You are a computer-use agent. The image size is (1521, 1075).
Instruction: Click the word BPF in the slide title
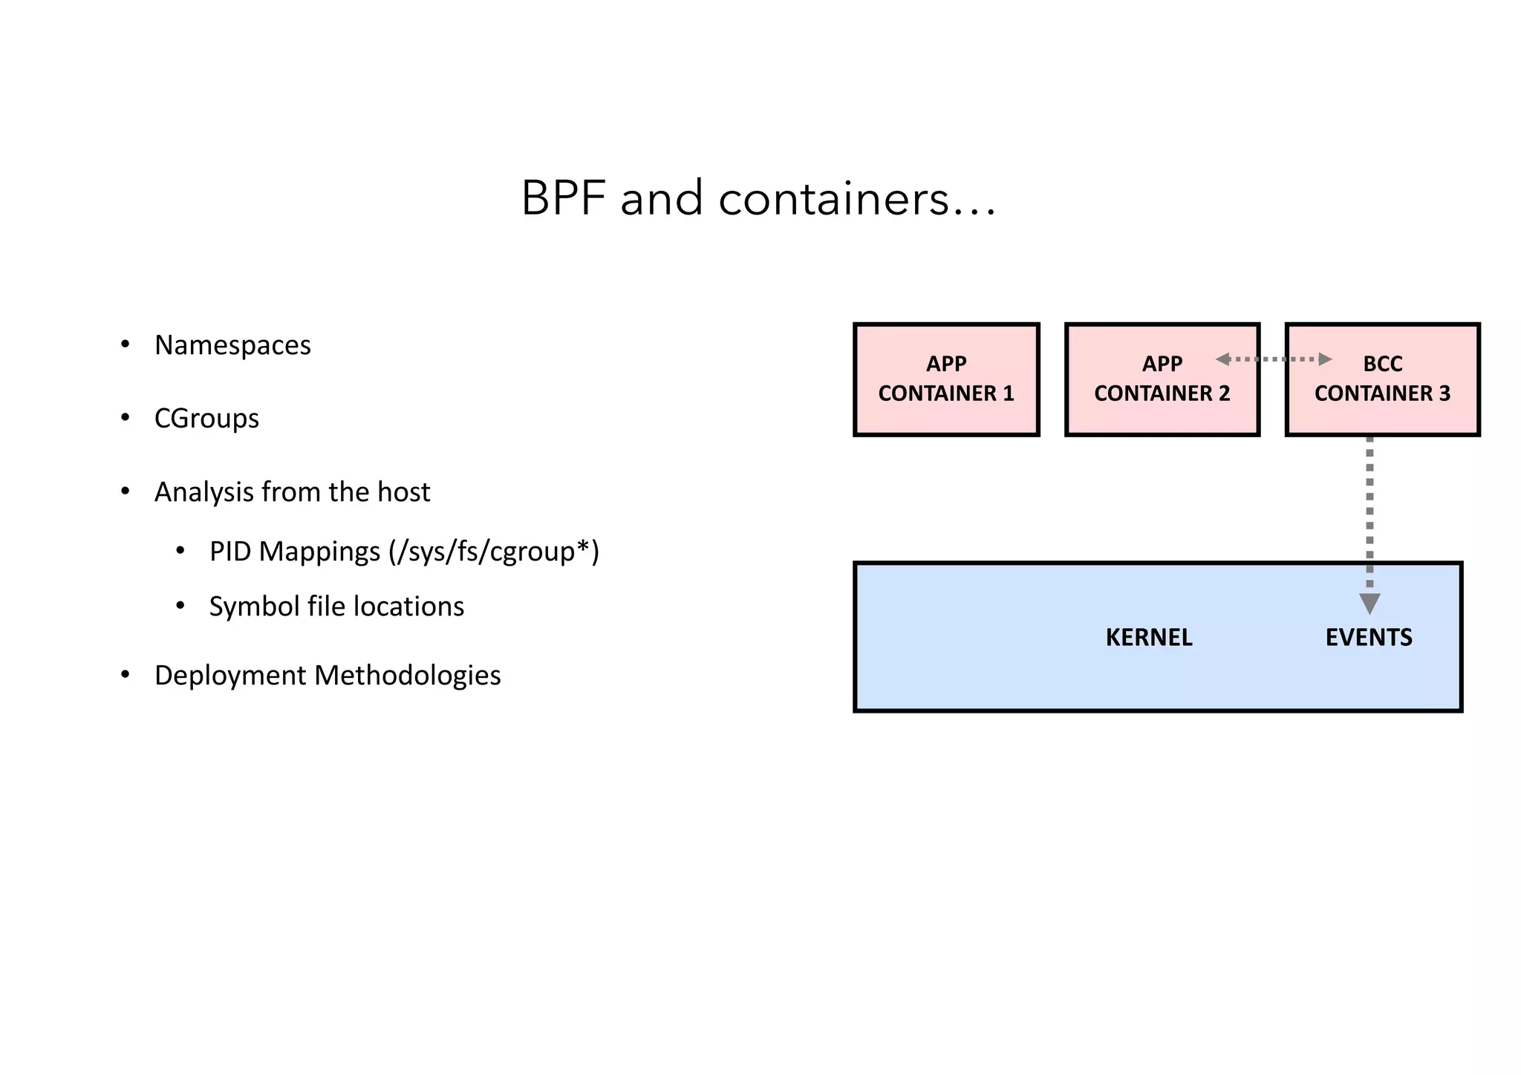[563, 199]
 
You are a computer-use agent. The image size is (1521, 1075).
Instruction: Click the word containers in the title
[833, 199]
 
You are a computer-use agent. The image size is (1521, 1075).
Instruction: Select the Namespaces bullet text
[232, 345]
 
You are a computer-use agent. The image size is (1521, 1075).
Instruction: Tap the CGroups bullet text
[206, 419]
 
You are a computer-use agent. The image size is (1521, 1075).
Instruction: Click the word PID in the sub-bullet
[229, 552]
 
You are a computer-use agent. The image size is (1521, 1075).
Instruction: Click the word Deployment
[230, 676]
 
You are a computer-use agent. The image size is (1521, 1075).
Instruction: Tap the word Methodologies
[408, 676]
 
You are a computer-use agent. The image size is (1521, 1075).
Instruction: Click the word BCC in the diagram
[1382, 364]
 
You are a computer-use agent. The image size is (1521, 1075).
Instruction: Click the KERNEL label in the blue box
[1148, 638]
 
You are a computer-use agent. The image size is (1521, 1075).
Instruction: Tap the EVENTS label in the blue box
[1368, 638]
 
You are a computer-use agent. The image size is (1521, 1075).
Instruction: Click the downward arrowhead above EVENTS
[1369, 603]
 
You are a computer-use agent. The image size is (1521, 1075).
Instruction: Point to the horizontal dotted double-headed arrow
[1273, 359]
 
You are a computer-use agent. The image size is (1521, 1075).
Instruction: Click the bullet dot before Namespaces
[126, 344]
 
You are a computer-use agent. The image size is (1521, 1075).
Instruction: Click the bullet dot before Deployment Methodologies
[126, 675]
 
